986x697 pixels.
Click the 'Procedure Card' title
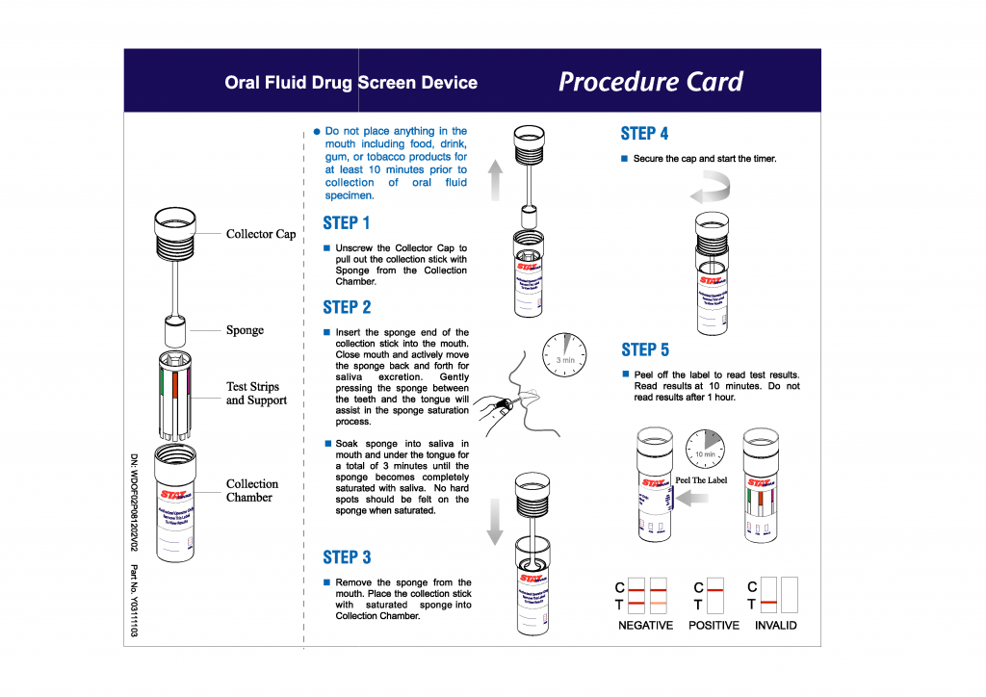[651, 82]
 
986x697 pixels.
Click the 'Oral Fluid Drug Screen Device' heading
[350, 83]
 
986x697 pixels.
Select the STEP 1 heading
[347, 223]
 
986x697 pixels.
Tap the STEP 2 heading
[347, 307]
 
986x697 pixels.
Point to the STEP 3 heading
[347, 557]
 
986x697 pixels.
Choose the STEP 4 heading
[645, 134]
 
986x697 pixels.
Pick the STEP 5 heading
[645, 349]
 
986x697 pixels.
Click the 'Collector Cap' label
[261, 234]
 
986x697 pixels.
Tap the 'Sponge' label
[245, 330]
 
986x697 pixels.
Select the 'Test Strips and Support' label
[256, 394]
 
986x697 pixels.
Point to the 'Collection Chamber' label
[252, 491]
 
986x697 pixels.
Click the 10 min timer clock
[706, 450]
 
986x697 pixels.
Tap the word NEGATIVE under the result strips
[645, 626]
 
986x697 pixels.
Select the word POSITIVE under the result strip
[714, 626]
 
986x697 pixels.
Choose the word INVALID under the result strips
[775, 626]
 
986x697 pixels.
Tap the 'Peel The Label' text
[702, 480]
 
